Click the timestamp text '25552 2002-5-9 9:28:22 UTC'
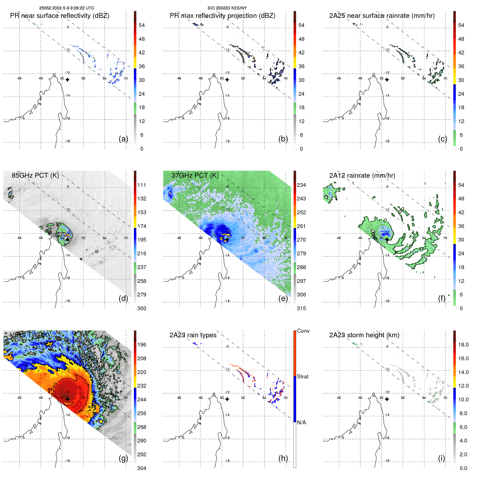tap(67, 8)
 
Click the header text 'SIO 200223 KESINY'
tap(227, 8)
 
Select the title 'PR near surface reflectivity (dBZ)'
tap(60, 16)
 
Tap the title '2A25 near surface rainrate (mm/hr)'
tap(382, 16)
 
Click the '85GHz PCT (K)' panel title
tap(35, 175)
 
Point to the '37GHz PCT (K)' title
tap(195, 175)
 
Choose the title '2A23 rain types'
tap(193, 335)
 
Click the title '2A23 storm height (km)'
tap(364, 335)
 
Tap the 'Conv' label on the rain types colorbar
tap(303, 331)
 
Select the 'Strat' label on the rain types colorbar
tap(302, 376)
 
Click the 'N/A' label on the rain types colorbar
tap(301, 422)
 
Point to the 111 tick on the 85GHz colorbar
tap(142, 185)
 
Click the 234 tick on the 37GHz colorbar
tap(301, 185)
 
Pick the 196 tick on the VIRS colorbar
tap(142, 345)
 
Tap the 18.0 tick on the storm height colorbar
tap(463, 345)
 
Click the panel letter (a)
tap(123, 139)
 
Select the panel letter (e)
tap(283, 298)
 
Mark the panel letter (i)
tap(441, 458)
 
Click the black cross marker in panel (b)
tap(227, 80)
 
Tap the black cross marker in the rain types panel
tap(227, 399)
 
